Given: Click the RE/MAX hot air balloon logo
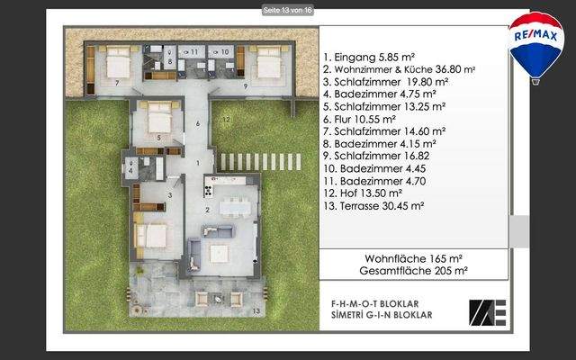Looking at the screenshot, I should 536,45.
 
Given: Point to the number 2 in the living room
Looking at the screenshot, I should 206,209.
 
